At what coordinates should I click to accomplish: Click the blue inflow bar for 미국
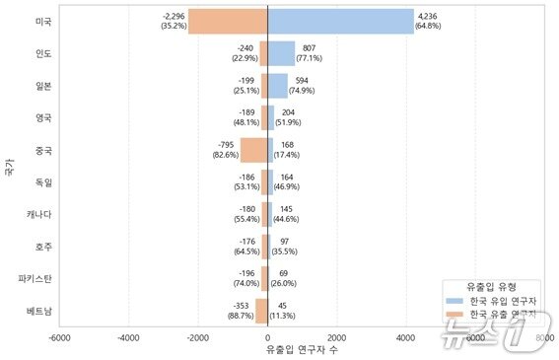[340, 22]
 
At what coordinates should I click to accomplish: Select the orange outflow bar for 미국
[228, 22]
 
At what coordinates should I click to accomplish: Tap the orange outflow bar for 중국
[253, 150]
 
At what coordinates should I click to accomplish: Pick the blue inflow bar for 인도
[281, 53]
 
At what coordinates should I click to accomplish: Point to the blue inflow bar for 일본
[277, 86]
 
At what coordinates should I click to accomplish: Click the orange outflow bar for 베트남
[261, 311]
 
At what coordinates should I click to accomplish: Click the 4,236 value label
[428, 17]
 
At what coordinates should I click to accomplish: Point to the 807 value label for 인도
[309, 48]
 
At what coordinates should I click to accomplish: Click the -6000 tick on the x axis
[59, 337]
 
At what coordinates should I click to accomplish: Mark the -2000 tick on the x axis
[198, 337]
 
